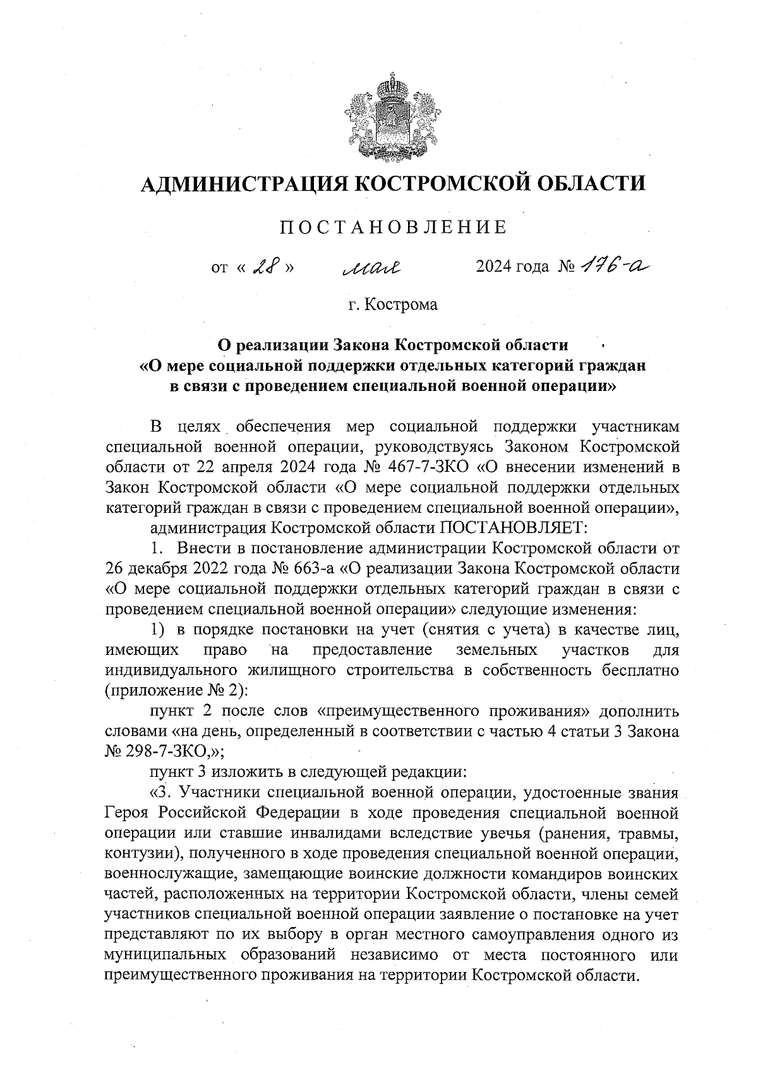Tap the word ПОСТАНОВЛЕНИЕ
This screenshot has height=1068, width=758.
tap(393, 227)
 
